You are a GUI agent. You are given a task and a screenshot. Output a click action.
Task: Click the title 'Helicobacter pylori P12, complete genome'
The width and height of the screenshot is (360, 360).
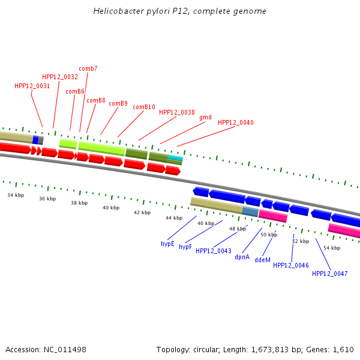(x=180, y=11)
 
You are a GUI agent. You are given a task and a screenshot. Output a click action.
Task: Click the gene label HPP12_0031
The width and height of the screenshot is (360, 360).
(x=32, y=86)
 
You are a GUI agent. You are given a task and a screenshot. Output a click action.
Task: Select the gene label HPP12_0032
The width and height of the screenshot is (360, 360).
(x=60, y=77)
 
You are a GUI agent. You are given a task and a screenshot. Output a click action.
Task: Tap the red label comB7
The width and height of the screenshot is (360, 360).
(x=88, y=68)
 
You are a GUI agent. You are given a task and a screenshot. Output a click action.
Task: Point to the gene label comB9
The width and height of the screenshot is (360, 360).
(x=118, y=103)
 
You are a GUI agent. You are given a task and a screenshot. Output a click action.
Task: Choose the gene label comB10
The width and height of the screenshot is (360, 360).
(x=144, y=107)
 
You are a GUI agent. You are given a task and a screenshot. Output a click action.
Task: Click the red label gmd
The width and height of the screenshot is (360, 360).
(x=205, y=117)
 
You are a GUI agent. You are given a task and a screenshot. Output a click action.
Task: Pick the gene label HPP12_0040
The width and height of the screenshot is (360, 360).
(x=236, y=122)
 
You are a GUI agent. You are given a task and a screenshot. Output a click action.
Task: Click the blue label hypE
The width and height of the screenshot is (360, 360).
(x=167, y=244)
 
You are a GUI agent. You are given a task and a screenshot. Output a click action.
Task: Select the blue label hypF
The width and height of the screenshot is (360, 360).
(x=185, y=247)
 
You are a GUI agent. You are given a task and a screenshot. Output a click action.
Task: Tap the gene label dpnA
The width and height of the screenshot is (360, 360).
(x=242, y=257)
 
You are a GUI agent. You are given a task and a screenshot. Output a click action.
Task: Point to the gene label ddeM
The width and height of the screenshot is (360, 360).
(x=263, y=260)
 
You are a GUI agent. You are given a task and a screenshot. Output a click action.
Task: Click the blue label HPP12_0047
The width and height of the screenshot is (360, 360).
(x=330, y=274)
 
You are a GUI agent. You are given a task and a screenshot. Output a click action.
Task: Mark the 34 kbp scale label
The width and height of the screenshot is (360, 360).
(x=16, y=195)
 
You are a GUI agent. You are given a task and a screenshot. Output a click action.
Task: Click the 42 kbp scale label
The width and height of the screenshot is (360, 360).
(x=142, y=212)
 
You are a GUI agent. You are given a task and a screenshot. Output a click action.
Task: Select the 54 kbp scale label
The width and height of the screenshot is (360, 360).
(x=332, y=248)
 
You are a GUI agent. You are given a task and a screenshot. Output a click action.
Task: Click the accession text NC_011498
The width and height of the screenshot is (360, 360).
(x=65, y=349)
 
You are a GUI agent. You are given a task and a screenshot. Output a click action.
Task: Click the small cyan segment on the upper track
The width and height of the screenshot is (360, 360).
(x=175, y=158)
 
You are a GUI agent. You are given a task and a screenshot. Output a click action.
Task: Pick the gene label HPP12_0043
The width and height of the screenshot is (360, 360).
(x=214, y=251)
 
